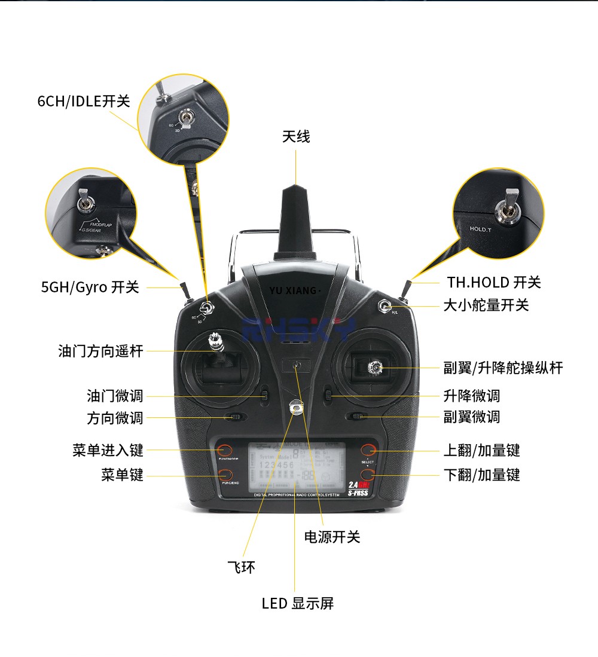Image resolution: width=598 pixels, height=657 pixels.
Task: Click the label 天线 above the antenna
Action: click(296, 137)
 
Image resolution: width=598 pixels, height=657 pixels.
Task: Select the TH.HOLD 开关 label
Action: click(494, 282)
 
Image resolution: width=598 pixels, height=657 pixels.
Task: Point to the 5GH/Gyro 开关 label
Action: click(90, 287)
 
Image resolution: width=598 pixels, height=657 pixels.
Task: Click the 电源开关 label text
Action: click(332, 537)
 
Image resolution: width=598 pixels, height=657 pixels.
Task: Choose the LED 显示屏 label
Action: click(298, 603)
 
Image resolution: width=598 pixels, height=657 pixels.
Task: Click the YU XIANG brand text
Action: click(294, 291)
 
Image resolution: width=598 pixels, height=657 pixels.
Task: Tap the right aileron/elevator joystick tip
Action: click(375, 366)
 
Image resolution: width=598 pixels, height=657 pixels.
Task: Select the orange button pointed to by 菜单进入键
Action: click(225, 450)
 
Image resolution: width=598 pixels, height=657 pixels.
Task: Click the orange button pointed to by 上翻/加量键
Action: click(368, 450)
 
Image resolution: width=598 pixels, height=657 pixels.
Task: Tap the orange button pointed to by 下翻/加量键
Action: click(368, 475)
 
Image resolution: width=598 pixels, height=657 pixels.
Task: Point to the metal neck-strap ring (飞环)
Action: click(296, 408)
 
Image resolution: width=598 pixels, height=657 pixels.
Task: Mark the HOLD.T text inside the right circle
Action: click(480, 229)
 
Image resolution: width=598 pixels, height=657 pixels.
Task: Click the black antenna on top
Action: click(296, 221)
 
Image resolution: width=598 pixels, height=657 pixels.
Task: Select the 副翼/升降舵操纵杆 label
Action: click(503, 368)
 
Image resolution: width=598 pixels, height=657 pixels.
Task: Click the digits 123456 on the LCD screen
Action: click(276, 465)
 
